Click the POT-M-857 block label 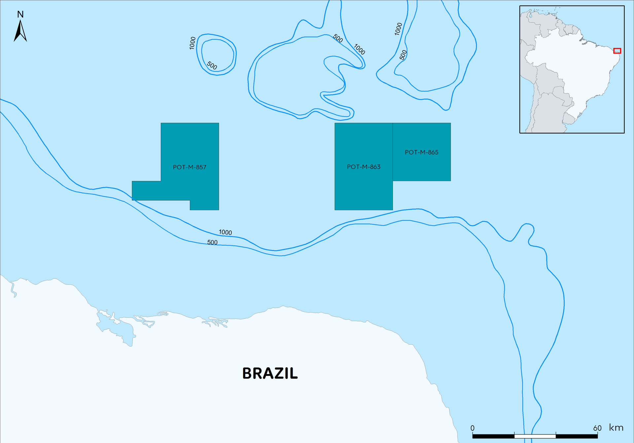(190, 167)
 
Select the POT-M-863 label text (364, 167)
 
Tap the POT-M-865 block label (422, 152)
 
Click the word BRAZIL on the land (270, 373)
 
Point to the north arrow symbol (20, 31)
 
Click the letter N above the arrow (20, 15)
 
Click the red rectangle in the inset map (617, 51)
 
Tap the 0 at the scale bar (473, 428)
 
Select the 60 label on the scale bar (597, 428)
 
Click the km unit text (616, 428)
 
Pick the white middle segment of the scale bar (535, 436)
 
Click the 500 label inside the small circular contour (212, 65)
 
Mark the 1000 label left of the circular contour (193, 43)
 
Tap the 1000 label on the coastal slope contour (225, 232)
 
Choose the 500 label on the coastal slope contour (212, 242)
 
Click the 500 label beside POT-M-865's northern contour (403, 55)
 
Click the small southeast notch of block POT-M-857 (204, 205)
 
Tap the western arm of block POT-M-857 (146, 191)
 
